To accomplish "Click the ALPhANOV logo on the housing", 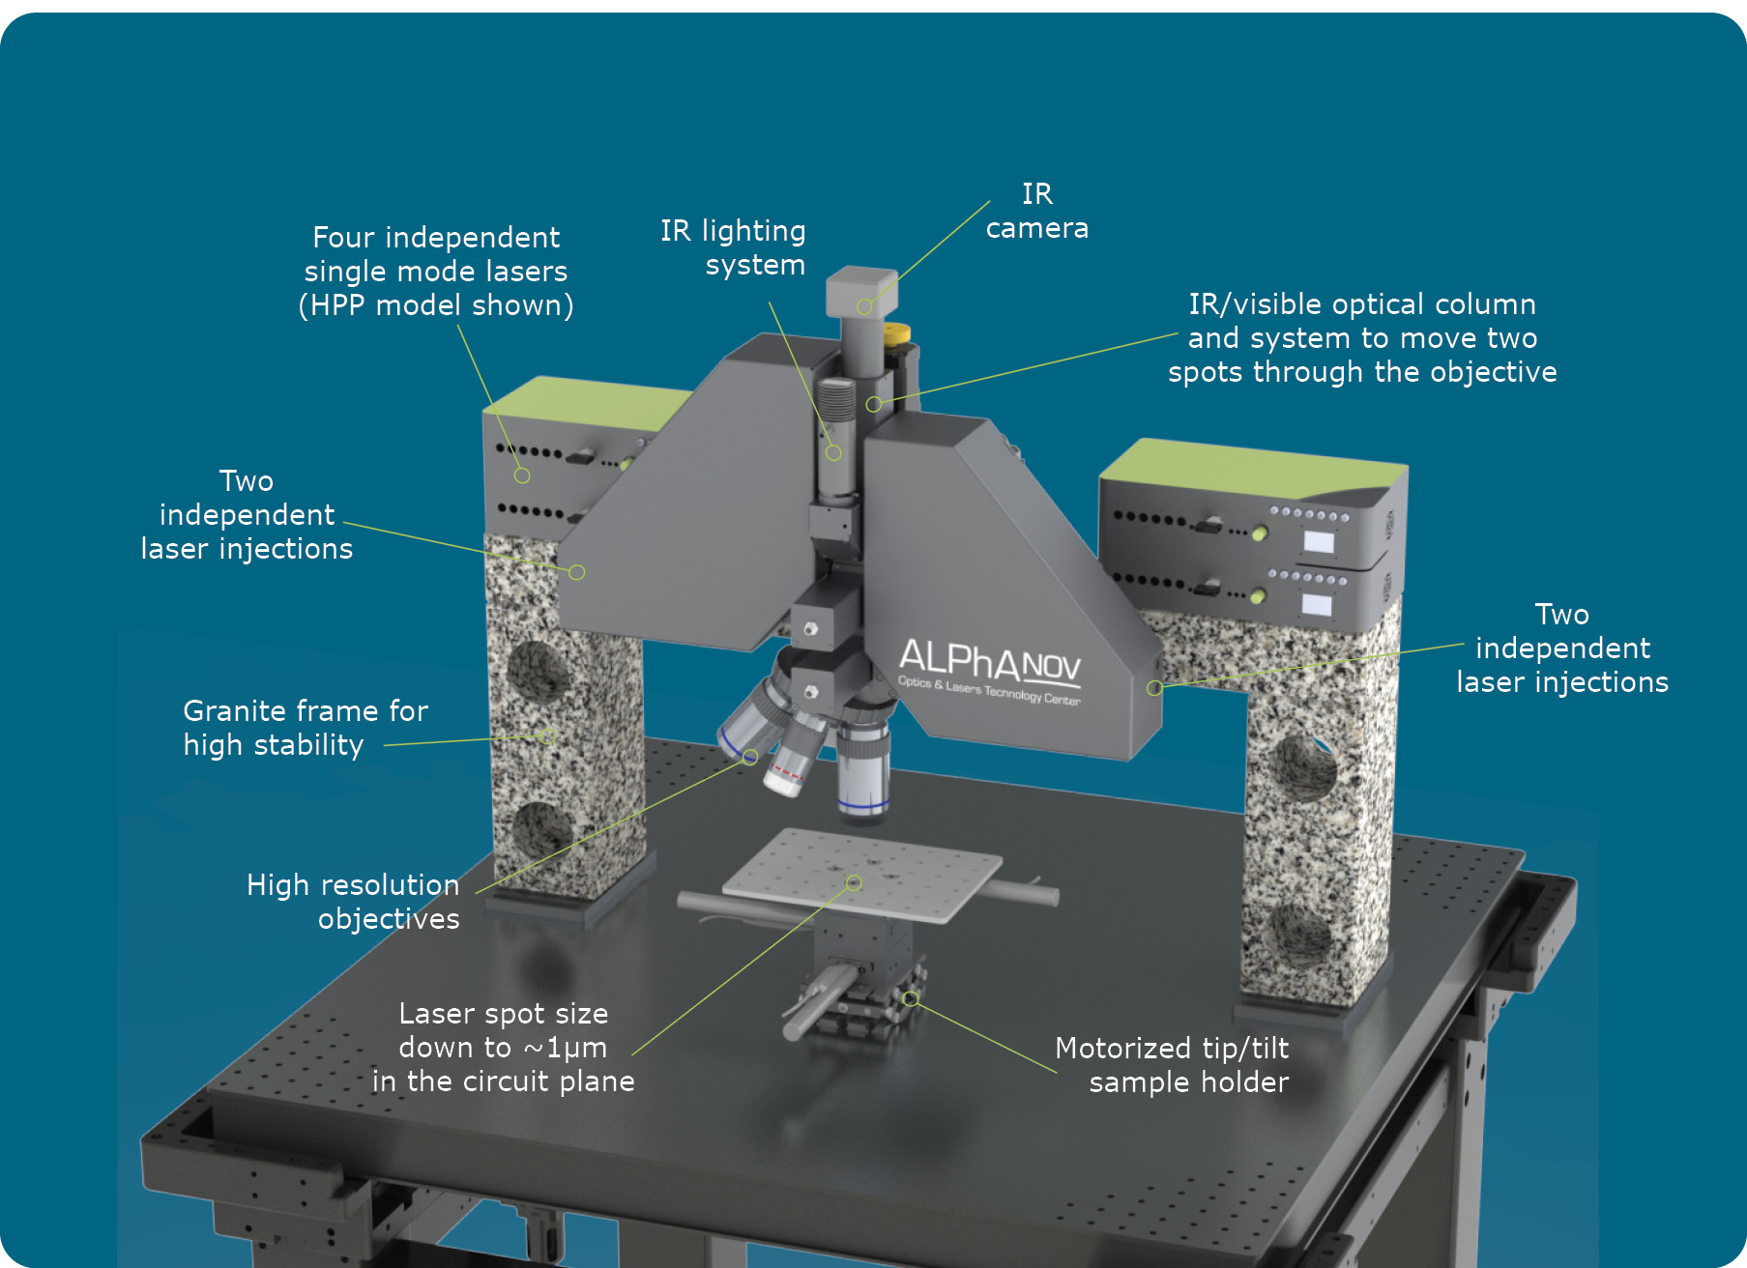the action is pos(990,670).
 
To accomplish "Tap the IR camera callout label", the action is pos(1037,211).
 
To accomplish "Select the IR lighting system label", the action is pos(733,247).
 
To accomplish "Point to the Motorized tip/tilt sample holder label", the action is pos(1172,1065).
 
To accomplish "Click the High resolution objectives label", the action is pos(353,902).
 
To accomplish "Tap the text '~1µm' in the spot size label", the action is pos(566,1048).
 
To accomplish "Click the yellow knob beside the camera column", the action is pos(898,333).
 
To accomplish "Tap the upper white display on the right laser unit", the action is pos(1319,541).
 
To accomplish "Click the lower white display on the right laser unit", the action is pos(1317,606).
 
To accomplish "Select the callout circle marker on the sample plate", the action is pos(854,882).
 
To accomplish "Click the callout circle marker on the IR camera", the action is pos(864,307).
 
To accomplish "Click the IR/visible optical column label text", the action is pos(1362,338).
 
